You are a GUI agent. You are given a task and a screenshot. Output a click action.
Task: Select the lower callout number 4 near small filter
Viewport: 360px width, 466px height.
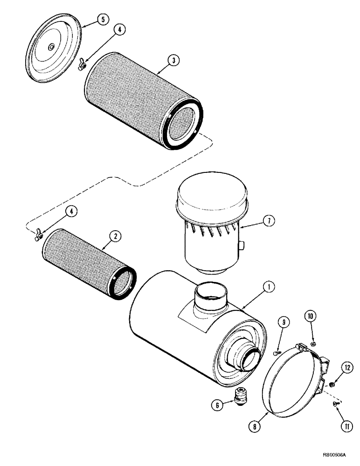(x=72, y=212)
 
